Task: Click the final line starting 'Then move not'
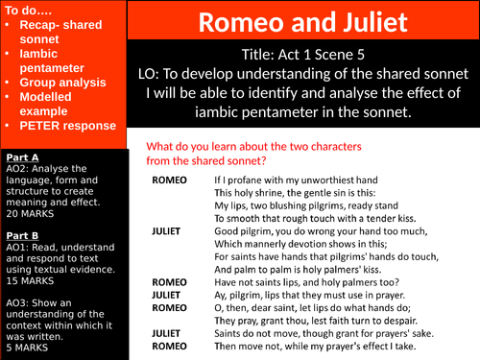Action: pos(314,345)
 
